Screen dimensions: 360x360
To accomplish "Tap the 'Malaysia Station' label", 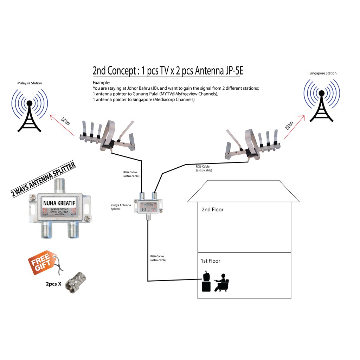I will pos(30,83).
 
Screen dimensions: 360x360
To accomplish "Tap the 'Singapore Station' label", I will pos(323,73).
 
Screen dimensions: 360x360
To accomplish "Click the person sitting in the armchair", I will pos(222,282).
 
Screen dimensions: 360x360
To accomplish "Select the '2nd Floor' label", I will pos(212,210).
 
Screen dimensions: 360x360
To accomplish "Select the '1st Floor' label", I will pos(210,261).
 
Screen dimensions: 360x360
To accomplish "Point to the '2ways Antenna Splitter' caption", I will pos(121,207).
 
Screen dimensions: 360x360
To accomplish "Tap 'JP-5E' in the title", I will pos(232,71).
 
